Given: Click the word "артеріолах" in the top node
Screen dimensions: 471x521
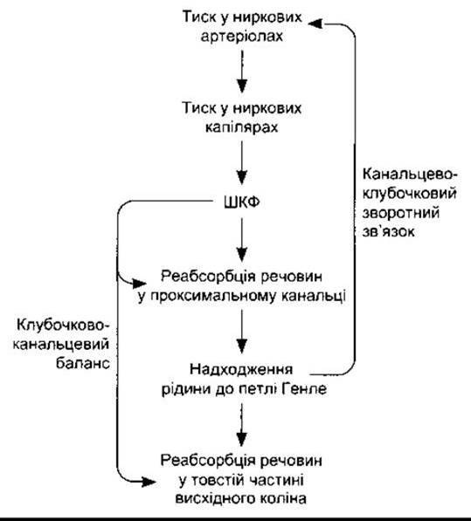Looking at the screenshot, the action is point(242,37).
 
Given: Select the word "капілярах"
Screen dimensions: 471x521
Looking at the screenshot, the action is point(242,127).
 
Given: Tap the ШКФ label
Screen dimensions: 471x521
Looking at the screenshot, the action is point(242,202).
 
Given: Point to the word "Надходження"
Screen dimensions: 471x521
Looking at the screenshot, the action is point(241,369).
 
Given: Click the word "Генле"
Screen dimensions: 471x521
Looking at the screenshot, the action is point(304,388).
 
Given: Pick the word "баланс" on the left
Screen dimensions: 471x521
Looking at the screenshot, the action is point(83,363).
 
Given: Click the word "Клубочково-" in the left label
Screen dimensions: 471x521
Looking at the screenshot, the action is point(63,325).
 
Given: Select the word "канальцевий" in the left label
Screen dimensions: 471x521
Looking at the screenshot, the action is point(61,344).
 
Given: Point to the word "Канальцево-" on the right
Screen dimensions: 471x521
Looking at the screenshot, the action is point(410,175).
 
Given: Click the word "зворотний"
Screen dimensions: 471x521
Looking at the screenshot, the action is point(401,212).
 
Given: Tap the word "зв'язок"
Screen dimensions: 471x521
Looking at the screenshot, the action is point(389,231).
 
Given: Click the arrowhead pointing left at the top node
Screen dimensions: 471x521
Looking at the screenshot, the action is point(315,24).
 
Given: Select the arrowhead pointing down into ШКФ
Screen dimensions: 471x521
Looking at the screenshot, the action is point(242,177).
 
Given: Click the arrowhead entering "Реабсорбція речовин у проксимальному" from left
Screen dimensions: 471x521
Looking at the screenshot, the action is point(140,284).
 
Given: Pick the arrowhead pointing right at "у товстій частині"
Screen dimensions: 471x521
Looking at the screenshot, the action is point(149,482).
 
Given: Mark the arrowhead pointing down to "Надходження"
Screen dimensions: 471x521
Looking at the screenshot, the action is point(242,346).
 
